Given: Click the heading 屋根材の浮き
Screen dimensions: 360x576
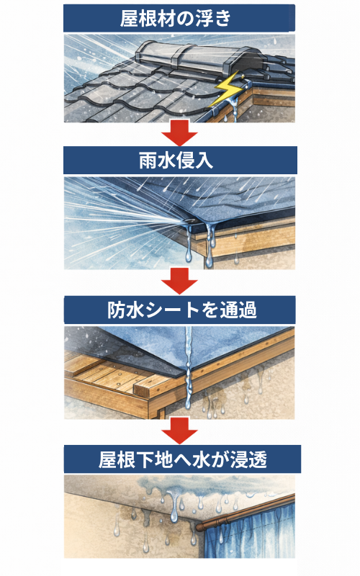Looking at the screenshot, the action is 176,19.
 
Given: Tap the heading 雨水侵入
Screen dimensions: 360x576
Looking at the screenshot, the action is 176,161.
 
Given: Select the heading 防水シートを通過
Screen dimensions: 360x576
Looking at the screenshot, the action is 182,310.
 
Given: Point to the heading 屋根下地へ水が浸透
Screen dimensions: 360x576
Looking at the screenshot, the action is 183,459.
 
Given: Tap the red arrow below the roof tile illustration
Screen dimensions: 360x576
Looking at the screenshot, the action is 179,133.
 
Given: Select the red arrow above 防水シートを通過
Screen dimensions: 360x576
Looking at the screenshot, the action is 179,281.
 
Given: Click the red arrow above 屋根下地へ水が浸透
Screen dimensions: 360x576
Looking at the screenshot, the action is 179,431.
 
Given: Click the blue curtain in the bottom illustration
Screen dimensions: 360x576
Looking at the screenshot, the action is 250,529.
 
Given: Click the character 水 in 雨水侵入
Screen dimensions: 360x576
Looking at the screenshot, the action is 167,161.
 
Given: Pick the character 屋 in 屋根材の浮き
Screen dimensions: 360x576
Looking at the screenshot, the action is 129,19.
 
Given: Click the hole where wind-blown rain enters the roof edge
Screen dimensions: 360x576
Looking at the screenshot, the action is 192,220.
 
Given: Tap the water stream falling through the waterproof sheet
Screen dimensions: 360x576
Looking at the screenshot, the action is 189,367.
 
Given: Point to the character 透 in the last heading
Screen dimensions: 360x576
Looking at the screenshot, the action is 258,459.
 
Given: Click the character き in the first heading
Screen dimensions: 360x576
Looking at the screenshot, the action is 223,19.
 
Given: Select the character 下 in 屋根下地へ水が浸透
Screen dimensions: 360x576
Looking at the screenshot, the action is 145,459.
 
